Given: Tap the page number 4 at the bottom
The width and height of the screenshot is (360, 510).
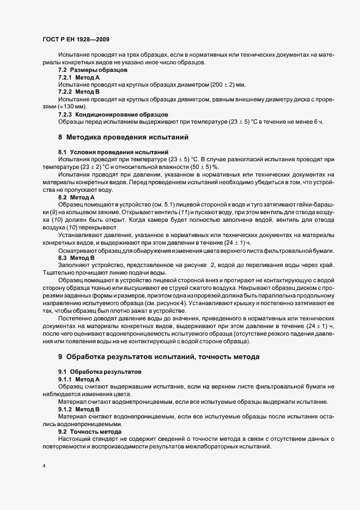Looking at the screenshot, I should click(44, 466).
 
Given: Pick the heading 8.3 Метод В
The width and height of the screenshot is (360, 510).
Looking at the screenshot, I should click(76, 257).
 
